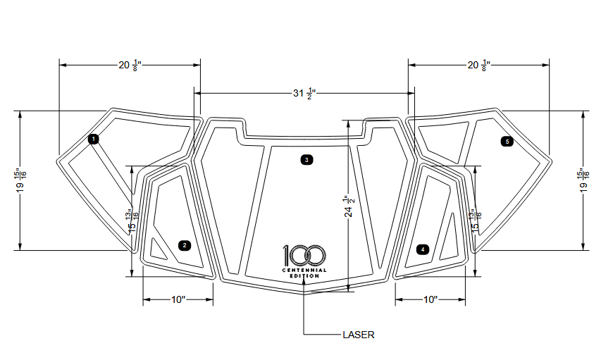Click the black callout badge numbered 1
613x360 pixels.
tap(94, 139)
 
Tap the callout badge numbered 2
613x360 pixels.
tap(185, 245)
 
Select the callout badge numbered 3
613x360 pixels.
tap(306, 160)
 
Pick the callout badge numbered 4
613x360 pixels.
tap(422, 249)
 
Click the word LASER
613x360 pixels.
tap(358, 335)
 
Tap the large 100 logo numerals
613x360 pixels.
tap(304, 256)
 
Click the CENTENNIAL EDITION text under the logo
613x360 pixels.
tap(304, 273)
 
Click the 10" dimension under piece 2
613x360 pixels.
tap(178, 300)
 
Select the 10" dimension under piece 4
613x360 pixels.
tap(431, 300)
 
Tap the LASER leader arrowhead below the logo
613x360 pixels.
tap(304, 284)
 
